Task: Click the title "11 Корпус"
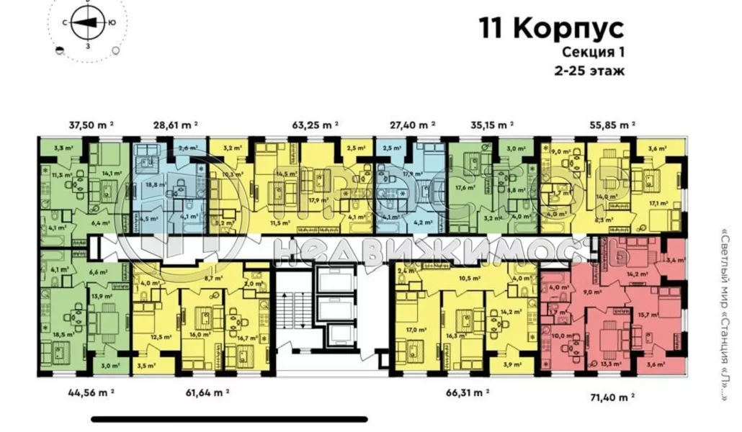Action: tap(551, 29)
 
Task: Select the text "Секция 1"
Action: tap(592, 53)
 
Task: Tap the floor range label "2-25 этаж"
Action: tap(589, 71)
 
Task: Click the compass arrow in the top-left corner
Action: tap(85, 23)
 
